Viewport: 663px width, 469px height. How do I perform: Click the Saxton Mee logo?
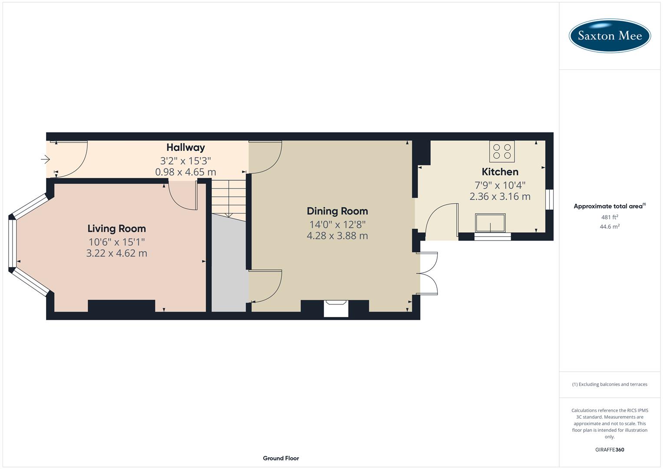click(610, 36)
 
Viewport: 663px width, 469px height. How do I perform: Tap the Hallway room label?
click(185, 147)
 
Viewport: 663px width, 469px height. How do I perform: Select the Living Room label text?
click(116, 228)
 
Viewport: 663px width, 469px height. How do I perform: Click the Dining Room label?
click(337, 211)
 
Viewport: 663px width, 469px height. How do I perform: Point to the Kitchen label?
click(500, 172)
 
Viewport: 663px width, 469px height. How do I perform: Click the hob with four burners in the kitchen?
click(502, 151)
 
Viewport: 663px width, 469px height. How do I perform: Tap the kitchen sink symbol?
click(490, 223)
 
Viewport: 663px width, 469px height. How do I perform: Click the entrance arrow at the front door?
click(46, 159)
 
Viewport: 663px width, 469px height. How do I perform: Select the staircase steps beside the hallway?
click(228, 198)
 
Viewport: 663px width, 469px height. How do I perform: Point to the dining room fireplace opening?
click(336, 309)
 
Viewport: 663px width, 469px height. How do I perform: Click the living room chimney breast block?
click(122, 306)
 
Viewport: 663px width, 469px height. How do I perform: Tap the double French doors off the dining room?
click(428, 274)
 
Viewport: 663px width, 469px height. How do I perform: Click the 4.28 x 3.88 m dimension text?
click(337, 236)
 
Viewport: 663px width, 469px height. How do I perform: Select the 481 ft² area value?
click(610, 217)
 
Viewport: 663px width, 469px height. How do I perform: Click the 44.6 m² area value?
click(610, 227)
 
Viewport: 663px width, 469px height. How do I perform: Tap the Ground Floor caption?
click(281, 458)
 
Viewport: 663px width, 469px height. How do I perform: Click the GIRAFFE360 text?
click(610, 450)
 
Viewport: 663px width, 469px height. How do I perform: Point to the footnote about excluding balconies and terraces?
click(610, 384)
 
